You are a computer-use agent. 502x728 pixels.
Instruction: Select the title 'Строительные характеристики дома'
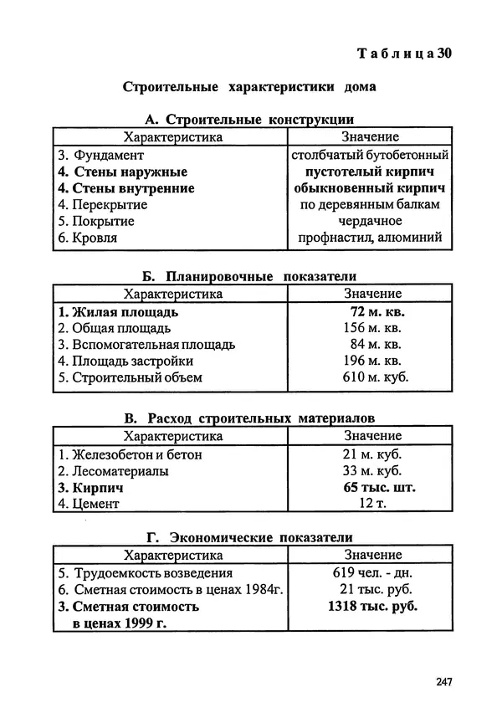[249, 86]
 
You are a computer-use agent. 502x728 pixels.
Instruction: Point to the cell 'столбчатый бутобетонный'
[370, 156]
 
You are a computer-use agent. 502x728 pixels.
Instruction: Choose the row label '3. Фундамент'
[101, 156]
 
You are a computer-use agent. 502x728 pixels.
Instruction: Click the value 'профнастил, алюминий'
[370, 238]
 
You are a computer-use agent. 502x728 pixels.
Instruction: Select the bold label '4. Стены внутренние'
[126, 188]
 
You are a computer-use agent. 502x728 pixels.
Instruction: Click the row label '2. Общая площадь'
[115, 328]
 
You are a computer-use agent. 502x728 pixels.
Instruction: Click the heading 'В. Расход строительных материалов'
[249, 418]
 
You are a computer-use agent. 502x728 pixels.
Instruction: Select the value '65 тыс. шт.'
[379, 487]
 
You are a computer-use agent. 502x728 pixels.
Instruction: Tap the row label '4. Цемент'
[90, 504]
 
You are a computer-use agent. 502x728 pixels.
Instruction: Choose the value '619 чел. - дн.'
[372, 573]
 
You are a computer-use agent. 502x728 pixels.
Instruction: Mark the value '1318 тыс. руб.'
[372, 607]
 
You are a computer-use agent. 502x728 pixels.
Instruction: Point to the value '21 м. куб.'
[372, 454]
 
